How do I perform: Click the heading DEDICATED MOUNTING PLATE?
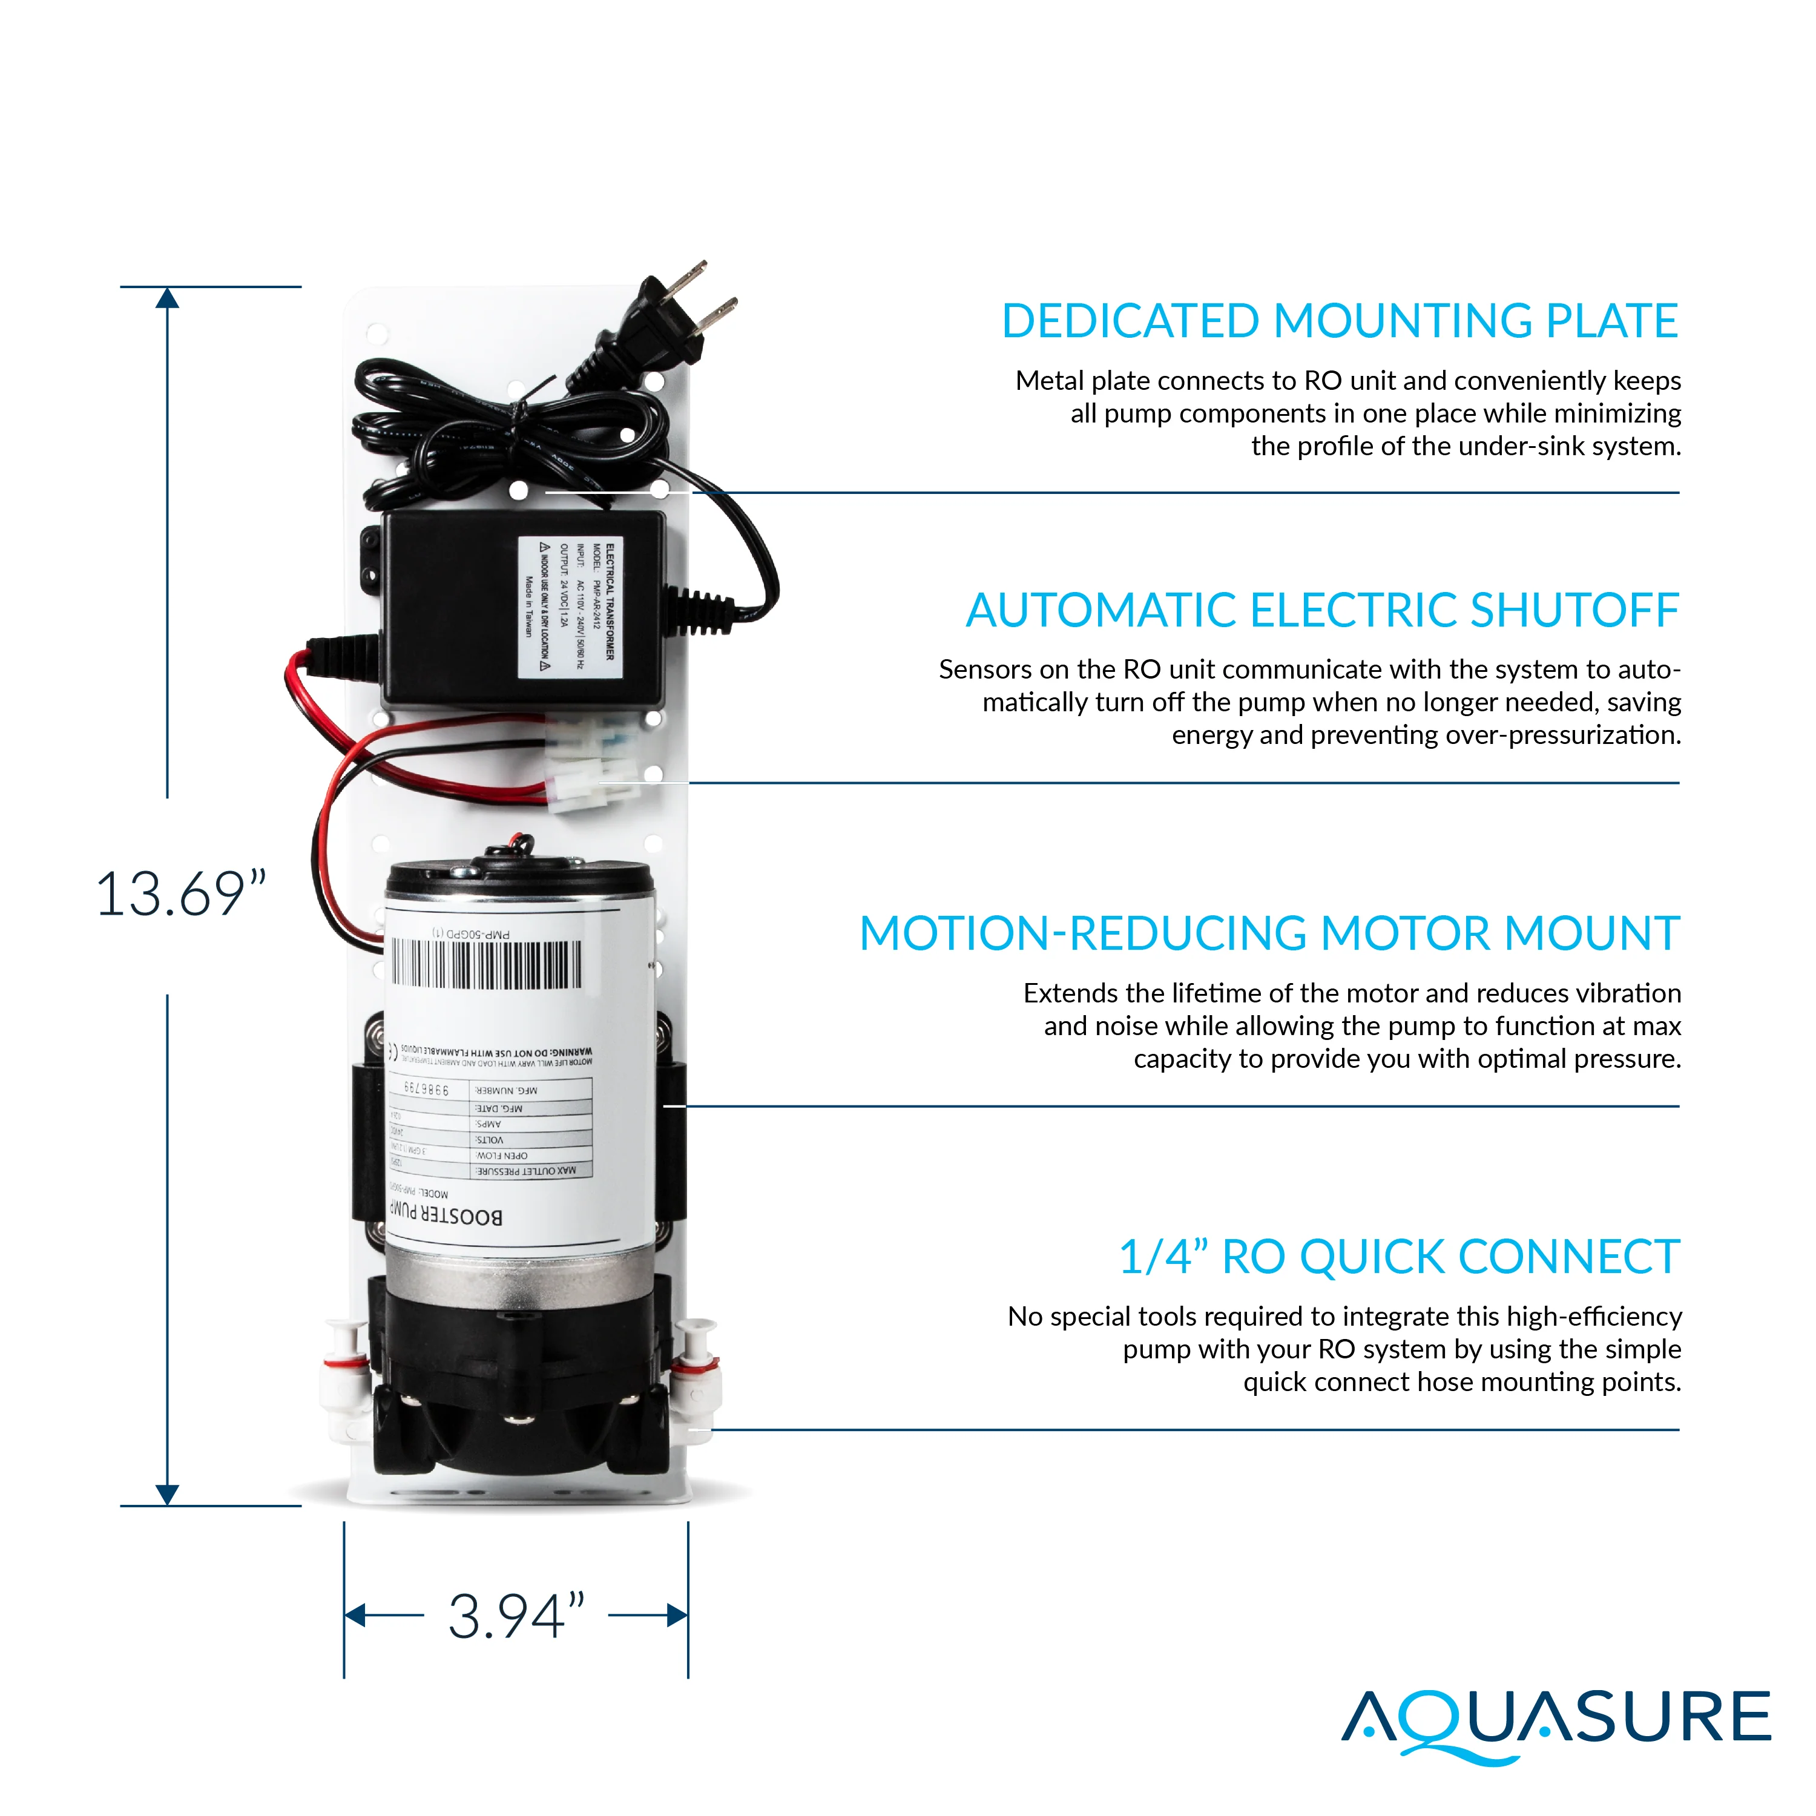pyautogui.click(x=1340, y=321)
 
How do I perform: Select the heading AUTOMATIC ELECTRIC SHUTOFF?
pyautogui.click(x=1321, y=611)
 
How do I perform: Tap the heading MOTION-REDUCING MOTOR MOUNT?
pyautogui.click(x=1269, y=934)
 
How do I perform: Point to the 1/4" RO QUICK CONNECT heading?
pyautogui.click(x=1399, y=1258)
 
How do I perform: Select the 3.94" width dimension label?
pyautogui.click(x=516, y=1617)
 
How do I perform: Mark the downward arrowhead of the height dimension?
pyautogui.click(x=167, y=1493)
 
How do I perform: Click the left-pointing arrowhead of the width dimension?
pyautogui.click(x=355, y=1616)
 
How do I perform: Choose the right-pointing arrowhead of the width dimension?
pyautogui.click(x=677, y=1616)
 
